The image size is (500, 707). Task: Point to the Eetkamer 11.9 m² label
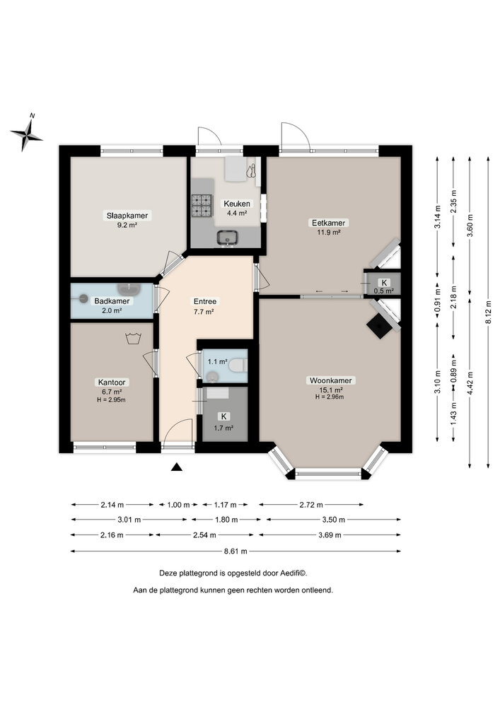pos(327,227)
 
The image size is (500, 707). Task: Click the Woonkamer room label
pos(330,385)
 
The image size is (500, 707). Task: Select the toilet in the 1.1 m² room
pos(238,365)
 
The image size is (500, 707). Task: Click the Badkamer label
pos(112,305)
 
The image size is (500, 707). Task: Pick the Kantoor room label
pos(111,386)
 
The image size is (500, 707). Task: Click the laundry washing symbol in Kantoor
pos(132,338)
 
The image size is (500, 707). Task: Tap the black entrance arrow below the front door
pos(177,466)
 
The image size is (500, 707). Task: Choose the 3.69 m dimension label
pos(330,535)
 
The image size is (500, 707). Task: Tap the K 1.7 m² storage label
pos(223,422)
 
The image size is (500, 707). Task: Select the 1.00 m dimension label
pos(178,505)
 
